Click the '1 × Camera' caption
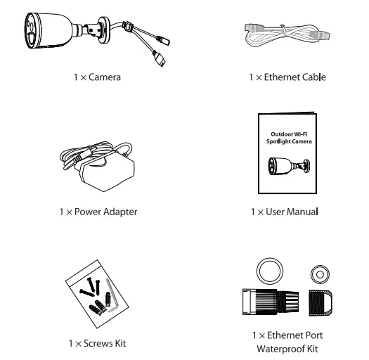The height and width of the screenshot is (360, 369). click(97, 77)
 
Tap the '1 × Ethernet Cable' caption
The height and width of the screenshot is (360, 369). click(287, 77)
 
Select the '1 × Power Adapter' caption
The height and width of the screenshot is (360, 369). click(98, 210)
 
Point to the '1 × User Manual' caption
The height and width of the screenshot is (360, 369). click(284, 210)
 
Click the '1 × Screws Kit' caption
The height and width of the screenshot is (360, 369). click(98, 342)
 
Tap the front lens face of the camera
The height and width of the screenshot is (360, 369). click(30, 35)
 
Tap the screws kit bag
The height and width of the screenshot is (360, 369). click(97, 295)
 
